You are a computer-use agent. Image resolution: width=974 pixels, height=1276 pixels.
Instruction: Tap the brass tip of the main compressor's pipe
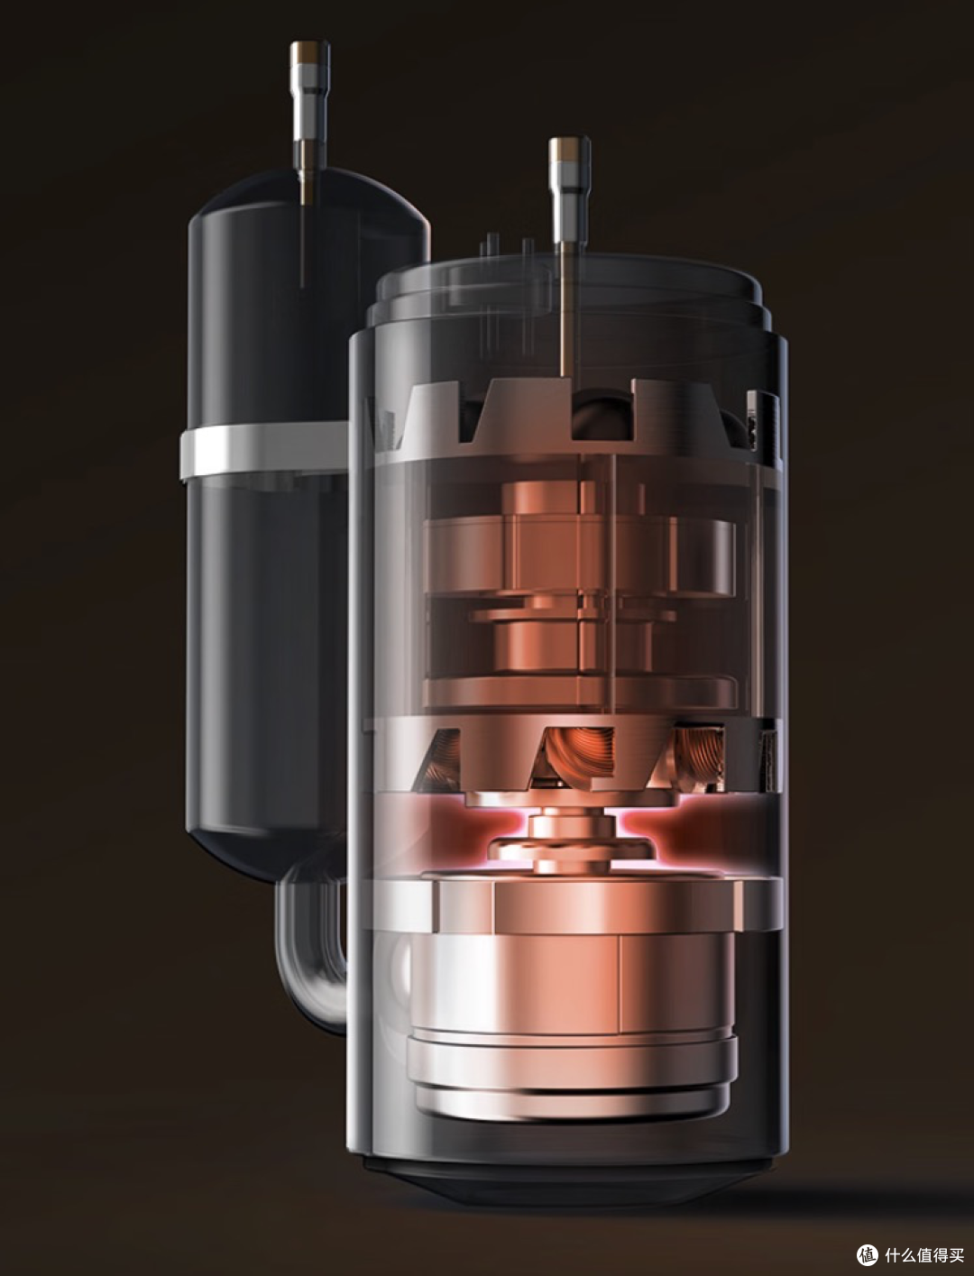tap(570, 149)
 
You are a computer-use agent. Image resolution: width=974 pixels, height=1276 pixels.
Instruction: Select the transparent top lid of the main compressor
tap(573, 302)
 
